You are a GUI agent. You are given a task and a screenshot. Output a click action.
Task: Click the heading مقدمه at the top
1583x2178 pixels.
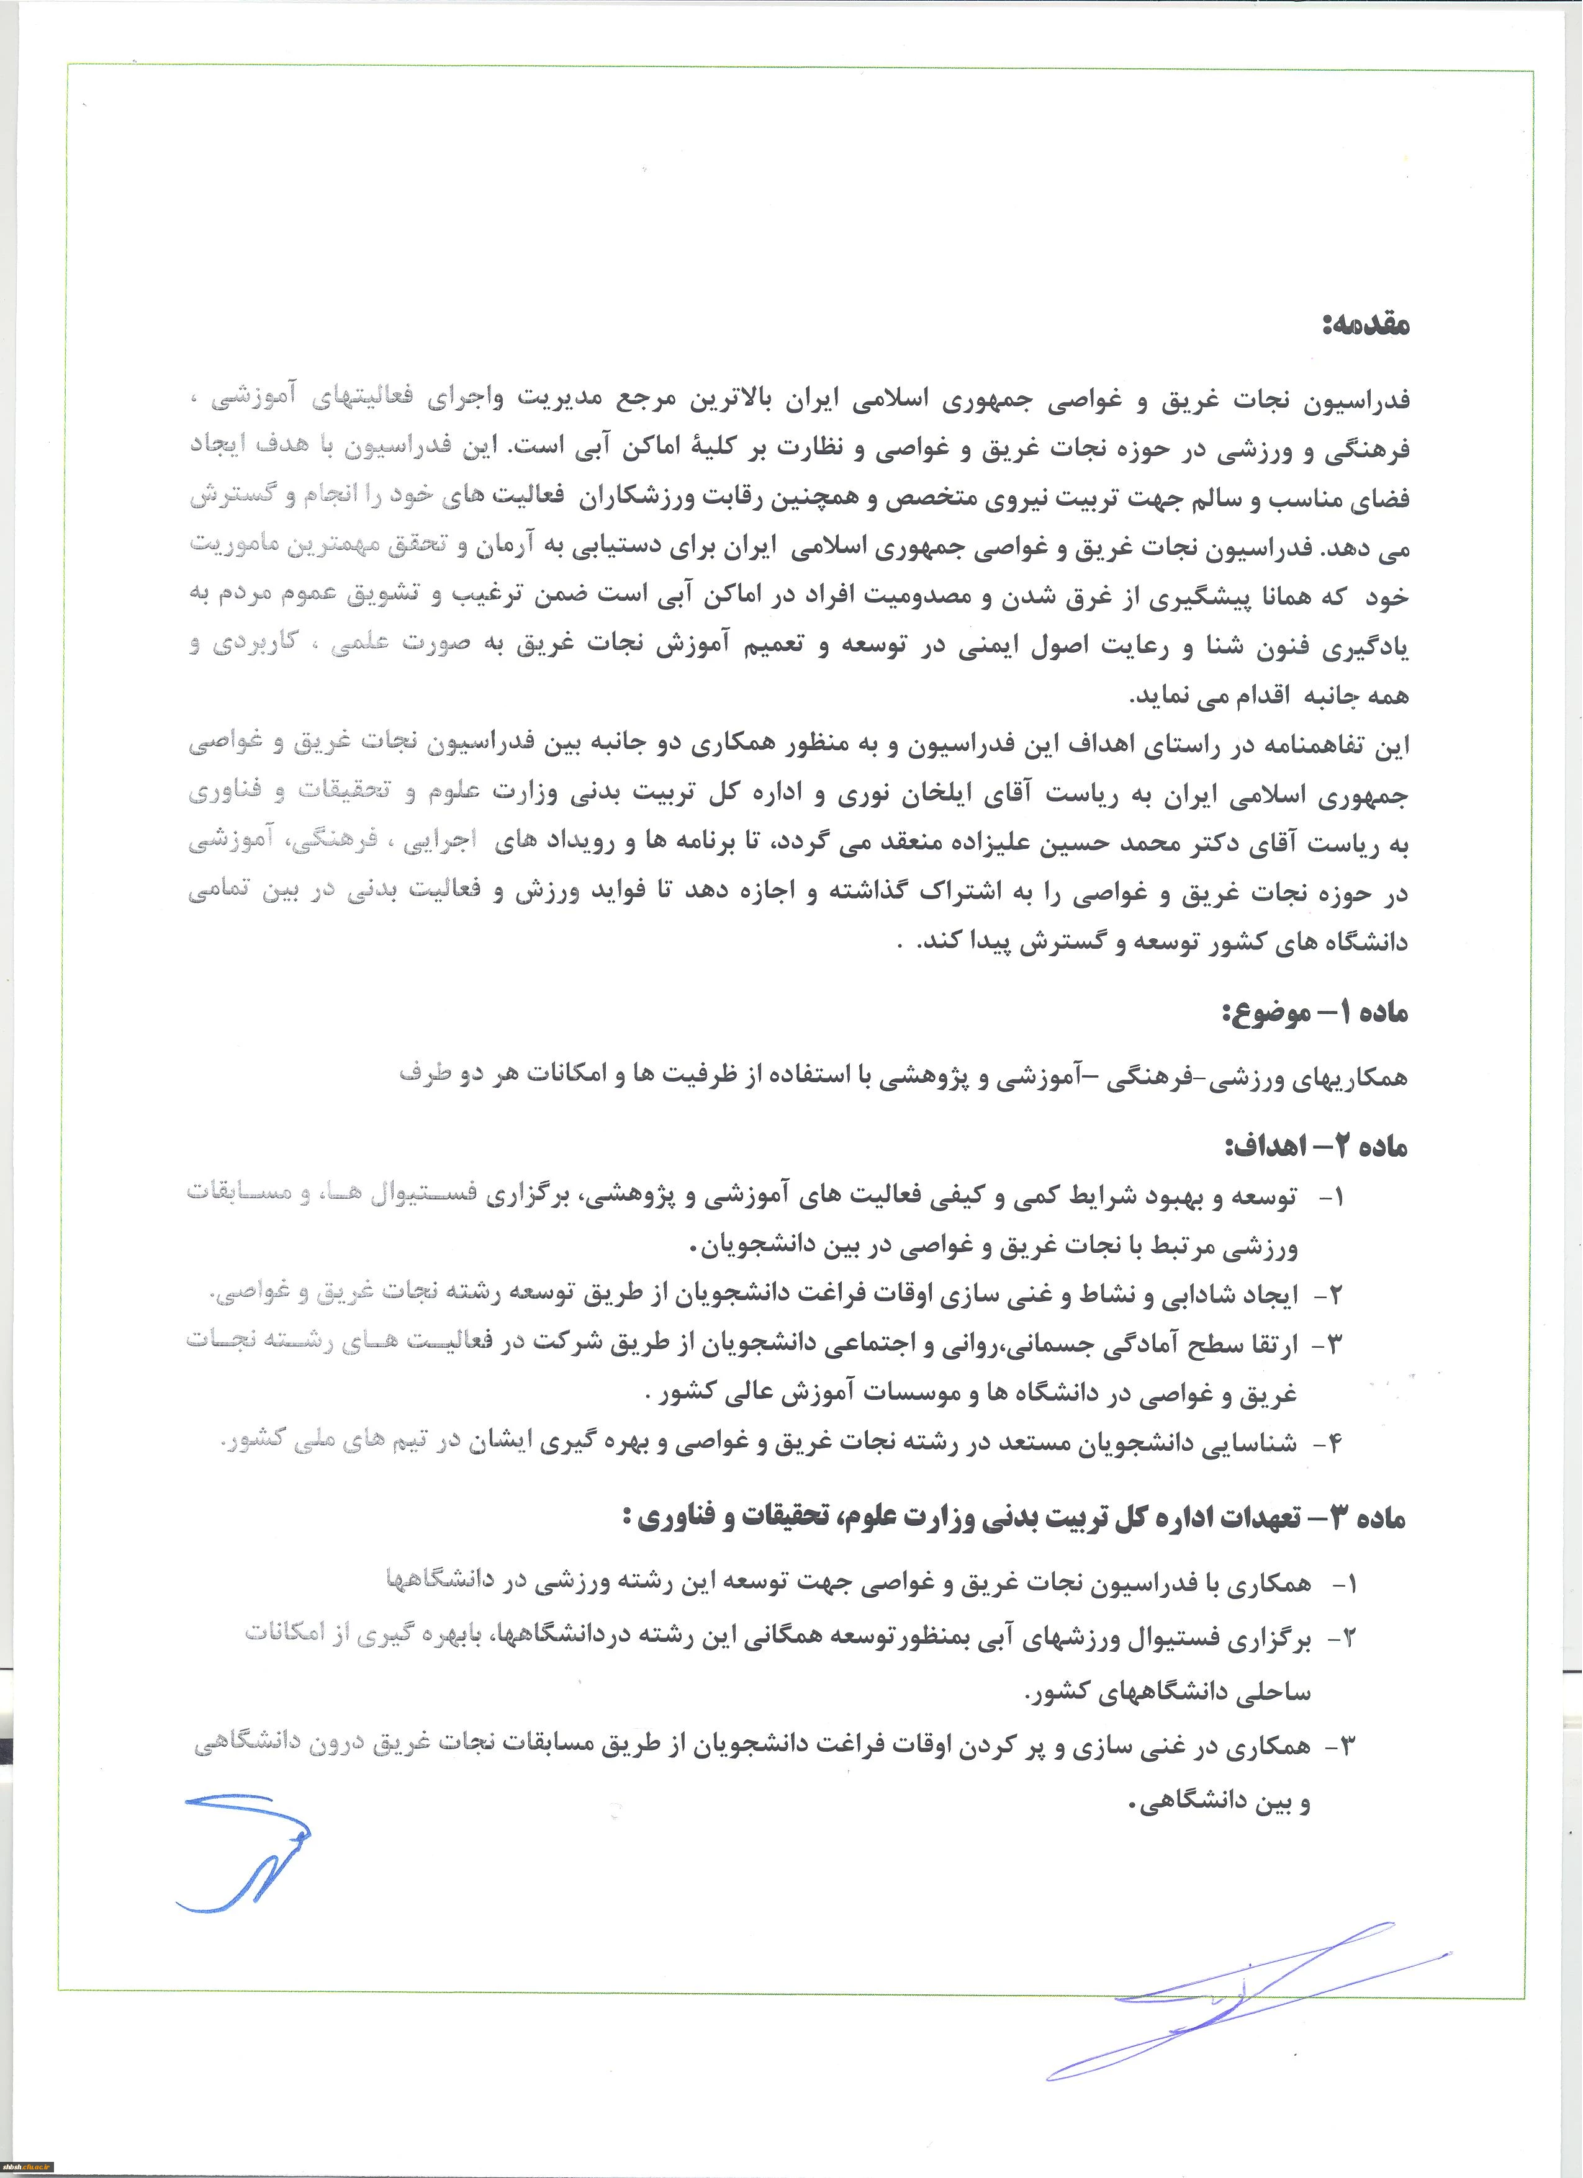point(1364,326)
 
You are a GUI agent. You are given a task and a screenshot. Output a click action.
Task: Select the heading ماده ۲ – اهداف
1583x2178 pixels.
point(1315,1145)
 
